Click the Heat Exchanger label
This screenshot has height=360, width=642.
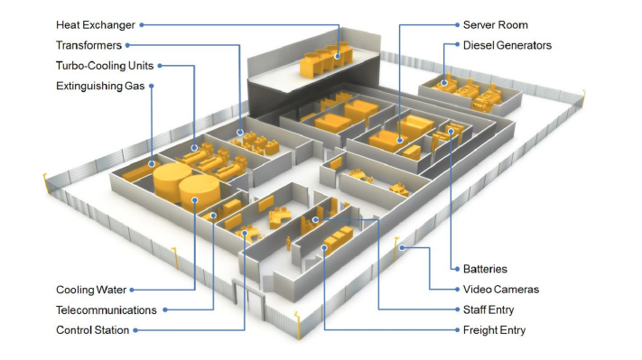click(x=96, y=25)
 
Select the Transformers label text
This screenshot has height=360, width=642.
click(x=88, y=45)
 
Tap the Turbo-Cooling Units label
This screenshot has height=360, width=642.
click(x=105, y=66)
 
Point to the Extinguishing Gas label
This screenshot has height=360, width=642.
click(x=100, y=86)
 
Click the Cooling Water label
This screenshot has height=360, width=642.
click(x=91, y=290)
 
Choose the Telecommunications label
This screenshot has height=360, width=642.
click(x=107, y=310)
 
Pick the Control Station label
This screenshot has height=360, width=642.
click(x=92, y=330)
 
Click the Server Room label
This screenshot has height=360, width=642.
click(x=496, y=25)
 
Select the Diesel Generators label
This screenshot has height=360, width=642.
click(x=507, y=45)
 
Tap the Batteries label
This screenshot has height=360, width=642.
click(x=485, y=269)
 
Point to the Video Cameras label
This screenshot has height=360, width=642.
click(x=501, y=290)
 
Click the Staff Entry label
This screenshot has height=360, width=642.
click(x=488, y=310)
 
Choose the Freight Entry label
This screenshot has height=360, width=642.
click(x=494, y=330)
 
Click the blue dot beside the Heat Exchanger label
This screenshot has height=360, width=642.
click(x=142, y=25)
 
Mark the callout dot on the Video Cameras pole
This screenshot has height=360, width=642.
click(x=403, y=247)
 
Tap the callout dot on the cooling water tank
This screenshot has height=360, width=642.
click(x=195, y=200)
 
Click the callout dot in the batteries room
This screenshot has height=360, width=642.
click(x=451, y=132)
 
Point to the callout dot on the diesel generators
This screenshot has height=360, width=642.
click(x=444, y=83)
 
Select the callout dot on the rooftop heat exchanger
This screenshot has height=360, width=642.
click(x=338, y=57)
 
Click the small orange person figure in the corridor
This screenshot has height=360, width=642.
click(x=288, y=243)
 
